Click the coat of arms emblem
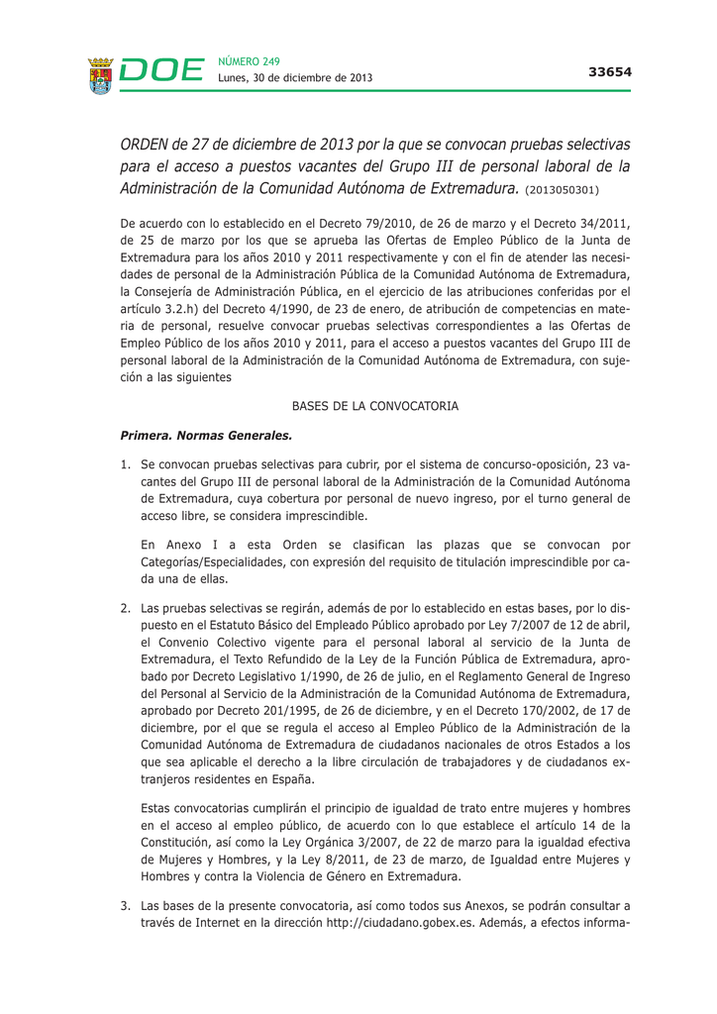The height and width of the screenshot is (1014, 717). (99, 75)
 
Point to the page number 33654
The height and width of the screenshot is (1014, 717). (609, 71)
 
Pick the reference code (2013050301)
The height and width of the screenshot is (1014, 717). (563, 188)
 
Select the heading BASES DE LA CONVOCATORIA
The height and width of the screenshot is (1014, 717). (374, 406)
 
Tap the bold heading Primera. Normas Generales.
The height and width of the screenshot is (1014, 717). (205, 434)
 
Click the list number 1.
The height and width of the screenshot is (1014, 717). (126, 463)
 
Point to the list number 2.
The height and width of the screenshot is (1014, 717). (126, 606)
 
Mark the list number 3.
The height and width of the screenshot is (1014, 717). (126, 905)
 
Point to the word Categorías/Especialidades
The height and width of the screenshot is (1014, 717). (210, 561)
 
